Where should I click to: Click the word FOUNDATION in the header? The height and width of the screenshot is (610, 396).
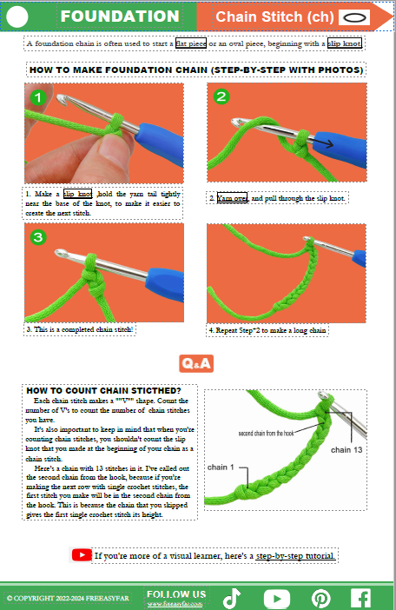click(x=121, y=17)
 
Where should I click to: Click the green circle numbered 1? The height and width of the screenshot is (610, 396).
click(x=36, y=98)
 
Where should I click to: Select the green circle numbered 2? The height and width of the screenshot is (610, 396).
click(x=221, y=96)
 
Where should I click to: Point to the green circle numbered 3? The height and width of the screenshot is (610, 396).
click(x=36, y=237)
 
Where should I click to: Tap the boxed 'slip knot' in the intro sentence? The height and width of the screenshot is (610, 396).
click(x=345, y=42)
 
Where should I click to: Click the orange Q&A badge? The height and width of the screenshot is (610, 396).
click(x=197, y=363)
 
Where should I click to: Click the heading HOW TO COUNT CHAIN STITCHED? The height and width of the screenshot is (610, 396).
click(x=103, y=390)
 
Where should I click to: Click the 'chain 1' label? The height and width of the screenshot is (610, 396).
click(x=221, y=467)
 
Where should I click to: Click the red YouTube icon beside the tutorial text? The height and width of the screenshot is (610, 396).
click(x=82, y=554)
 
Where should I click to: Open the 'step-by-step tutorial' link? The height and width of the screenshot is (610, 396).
click(x=295, y=555)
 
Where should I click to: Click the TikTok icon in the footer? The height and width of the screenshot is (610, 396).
click(x=231, y=598)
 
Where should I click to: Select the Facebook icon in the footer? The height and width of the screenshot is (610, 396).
click(x=360, y=598)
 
